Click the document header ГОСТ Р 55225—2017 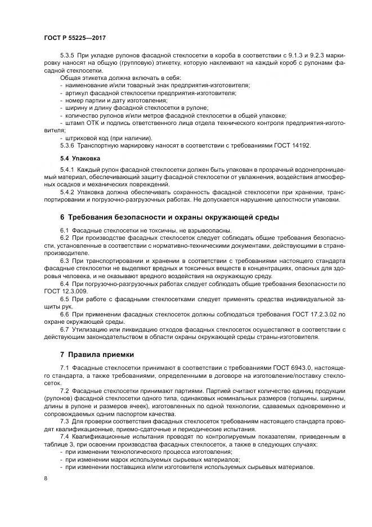click(74, 37)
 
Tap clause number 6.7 click(64, 328)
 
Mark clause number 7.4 click(64, 436)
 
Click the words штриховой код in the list click(86, 137)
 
